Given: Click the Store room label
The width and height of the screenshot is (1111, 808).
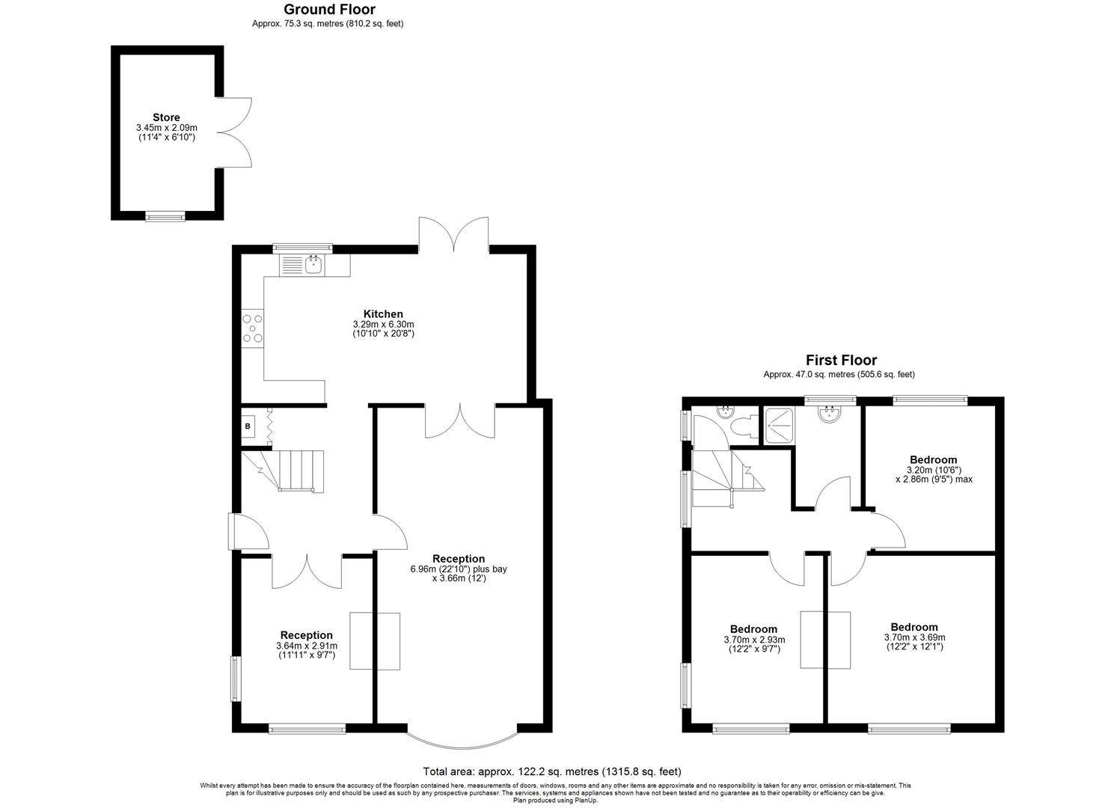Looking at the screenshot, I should click(x=166, y=117).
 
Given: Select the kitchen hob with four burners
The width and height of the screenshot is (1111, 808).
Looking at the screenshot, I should click(x=253, y=328).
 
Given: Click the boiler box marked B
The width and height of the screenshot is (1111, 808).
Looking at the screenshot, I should click(x=248, y=426).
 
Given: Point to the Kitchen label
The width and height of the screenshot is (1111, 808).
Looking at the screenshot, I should click(x=383, y=314).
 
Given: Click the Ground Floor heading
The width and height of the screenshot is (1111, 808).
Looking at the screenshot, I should click(x=329, y=10).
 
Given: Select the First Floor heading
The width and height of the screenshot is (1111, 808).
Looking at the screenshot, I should click(x=841, y=361).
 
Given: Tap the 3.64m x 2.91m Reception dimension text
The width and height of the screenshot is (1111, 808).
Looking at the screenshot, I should click(x=307, y=646).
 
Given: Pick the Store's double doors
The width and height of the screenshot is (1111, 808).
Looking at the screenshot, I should click(x=235, y=132).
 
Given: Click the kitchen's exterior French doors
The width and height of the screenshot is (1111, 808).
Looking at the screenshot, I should click(x=453, y=233).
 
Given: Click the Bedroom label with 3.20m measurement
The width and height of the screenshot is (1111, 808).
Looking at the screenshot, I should click(x=933, y=460).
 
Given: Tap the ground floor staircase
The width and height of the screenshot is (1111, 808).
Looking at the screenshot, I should click(x=291, y=470).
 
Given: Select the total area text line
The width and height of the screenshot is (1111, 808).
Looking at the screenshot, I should click(x=552, y=771).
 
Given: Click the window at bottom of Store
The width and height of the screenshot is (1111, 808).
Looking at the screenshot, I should click(x=165, y=217).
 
